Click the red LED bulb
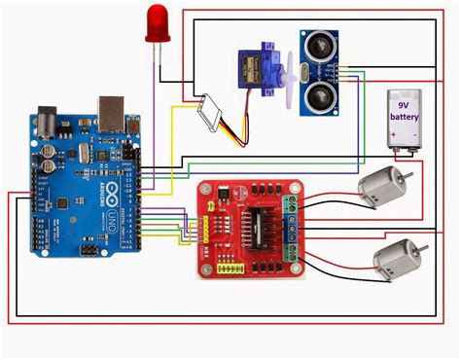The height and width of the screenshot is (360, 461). [157, 24]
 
